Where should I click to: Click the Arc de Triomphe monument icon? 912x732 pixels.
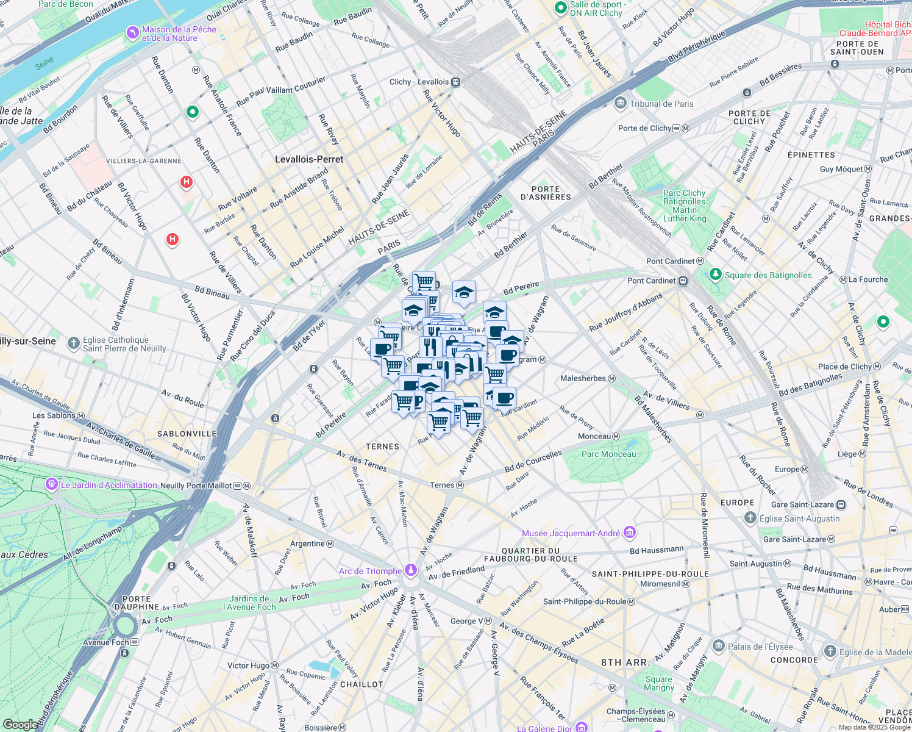[411, 570]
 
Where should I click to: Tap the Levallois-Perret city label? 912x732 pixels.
[309, 159]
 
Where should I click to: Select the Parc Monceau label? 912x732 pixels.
[608, 454]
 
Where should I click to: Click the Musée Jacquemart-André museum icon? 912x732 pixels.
[630, 533]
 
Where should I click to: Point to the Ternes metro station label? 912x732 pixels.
[442, 485]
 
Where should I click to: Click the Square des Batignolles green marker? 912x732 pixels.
[716, 275]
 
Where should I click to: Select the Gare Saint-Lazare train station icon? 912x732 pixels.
[841, 504]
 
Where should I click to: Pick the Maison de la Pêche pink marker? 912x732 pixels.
[132, 32]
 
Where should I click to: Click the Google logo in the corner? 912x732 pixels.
[19, 724]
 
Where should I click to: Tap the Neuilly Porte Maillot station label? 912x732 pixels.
[196, 486]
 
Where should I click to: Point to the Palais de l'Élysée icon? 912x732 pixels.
[719, 646]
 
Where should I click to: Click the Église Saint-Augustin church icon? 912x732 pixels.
[750, 518]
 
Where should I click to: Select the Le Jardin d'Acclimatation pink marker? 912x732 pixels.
[52, 485]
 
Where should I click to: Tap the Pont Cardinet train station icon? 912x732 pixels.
[683, 281]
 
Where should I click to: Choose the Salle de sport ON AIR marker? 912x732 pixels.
[561, 8]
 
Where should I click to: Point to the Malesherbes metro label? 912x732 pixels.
[583, 378]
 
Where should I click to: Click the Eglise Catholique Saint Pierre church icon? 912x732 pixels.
[74, 344]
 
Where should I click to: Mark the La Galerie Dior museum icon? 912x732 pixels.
[581, 727]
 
